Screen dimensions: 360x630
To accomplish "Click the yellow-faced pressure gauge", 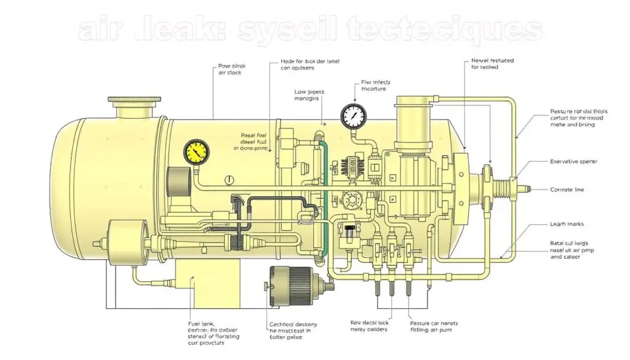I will coord(195,151).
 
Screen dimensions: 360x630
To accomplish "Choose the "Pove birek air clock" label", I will coord(230,69).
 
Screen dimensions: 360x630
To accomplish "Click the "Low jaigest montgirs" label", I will coord(309,95).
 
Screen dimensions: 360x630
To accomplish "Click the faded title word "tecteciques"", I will coord(442,30).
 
